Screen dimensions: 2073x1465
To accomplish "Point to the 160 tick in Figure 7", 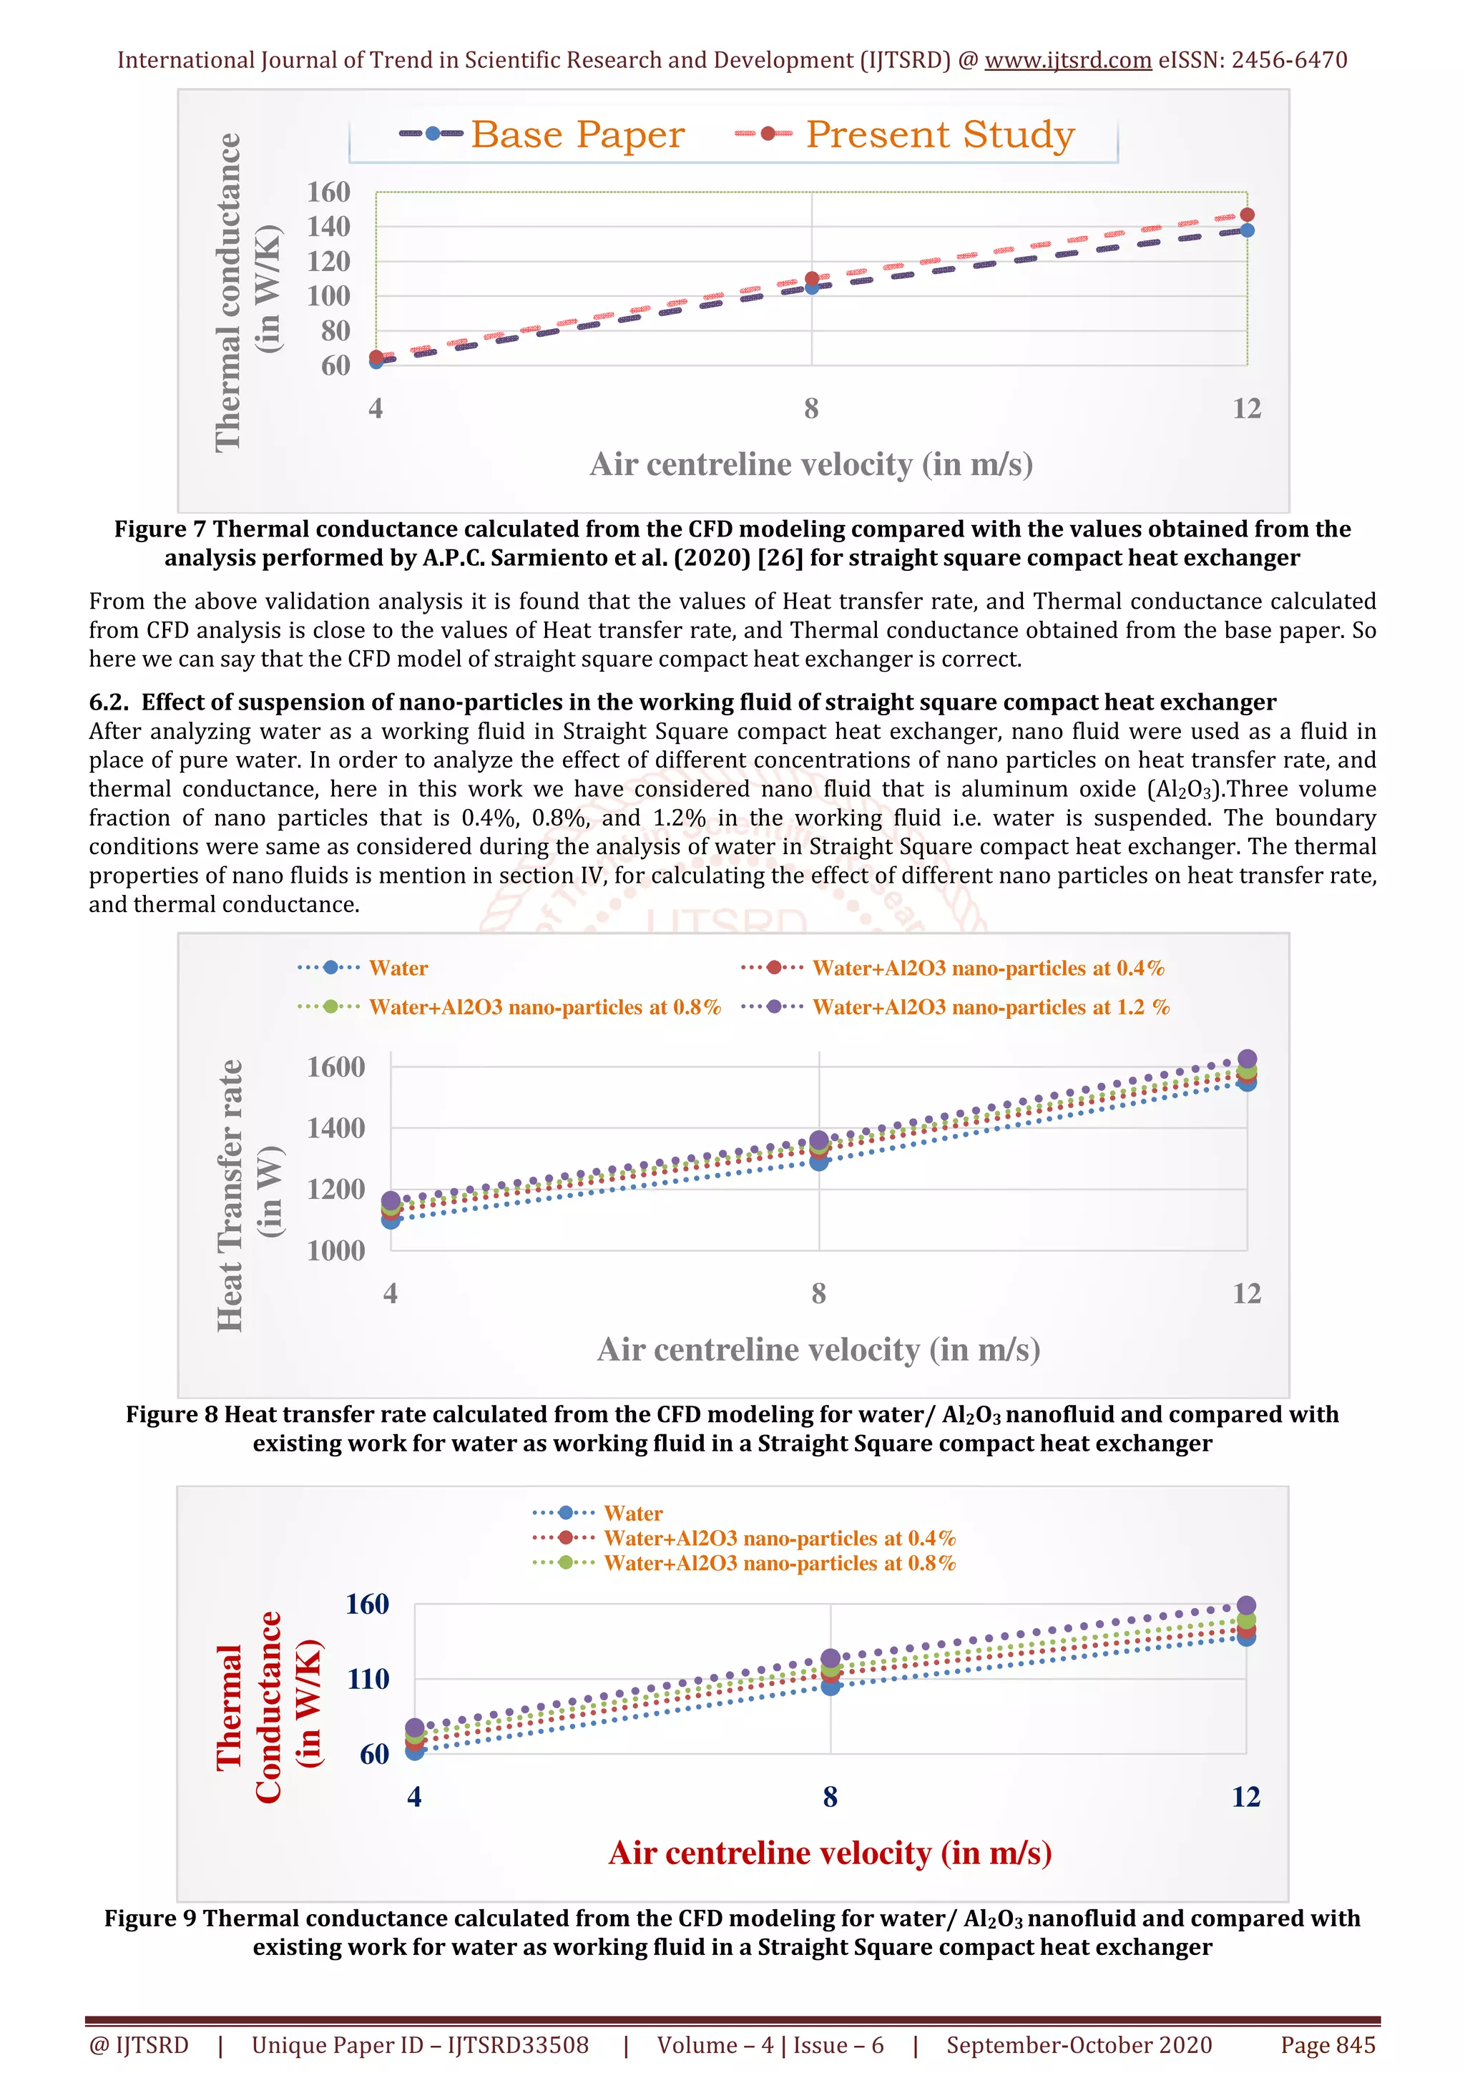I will (328, 192).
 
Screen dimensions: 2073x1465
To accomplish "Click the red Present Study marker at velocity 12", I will (1247, 215).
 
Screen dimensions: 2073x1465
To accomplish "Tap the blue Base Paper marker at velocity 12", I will (1247, 231).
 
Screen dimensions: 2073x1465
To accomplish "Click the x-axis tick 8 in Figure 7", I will (811, 409).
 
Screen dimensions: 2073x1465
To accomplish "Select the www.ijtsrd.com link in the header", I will (1067, 61).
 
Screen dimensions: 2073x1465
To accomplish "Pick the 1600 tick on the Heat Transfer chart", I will (335, 1067).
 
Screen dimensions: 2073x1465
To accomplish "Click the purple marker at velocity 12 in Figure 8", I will (1247, 1059).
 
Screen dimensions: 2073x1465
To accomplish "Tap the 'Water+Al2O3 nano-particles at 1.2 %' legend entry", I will (990, 1008).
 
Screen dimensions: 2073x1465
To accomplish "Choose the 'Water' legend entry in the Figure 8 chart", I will (398, 968).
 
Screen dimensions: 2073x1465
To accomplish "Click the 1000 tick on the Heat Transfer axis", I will (335, 1250).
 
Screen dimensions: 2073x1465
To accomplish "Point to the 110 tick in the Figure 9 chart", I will (368, 1680).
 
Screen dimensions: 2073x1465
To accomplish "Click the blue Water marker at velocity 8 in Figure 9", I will (831, 1686).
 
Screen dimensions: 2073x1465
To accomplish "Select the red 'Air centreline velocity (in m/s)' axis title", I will (830, 1853).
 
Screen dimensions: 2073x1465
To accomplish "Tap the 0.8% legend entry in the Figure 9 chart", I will (779, 1563).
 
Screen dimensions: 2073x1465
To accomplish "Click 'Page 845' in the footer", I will (1327, 2045).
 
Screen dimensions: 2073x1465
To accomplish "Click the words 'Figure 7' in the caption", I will (160, 529).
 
